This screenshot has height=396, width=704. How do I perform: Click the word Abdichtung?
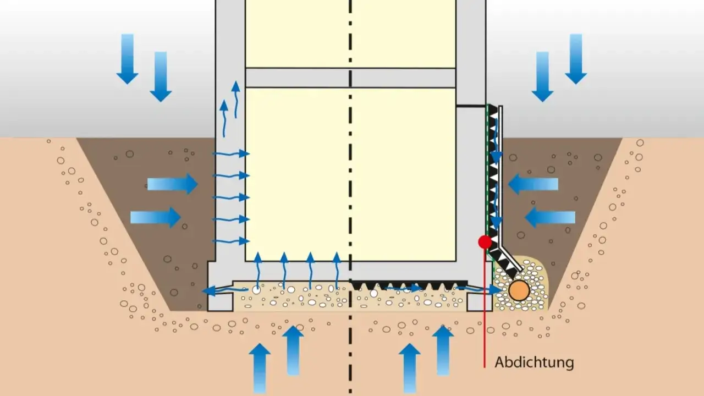[534, 362]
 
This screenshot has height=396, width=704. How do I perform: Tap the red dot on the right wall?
[485, 242]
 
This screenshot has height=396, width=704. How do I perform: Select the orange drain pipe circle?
[519, 290]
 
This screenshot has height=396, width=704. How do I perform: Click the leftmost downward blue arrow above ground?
[127, 59]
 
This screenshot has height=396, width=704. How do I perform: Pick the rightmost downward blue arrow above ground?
[576, 59]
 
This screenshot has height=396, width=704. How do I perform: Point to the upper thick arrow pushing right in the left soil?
[173, 184]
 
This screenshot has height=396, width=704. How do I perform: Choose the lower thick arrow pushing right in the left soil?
[156, 217]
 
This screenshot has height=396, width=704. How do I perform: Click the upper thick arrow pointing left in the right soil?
[533, 184]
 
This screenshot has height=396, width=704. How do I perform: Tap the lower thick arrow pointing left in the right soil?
[550, 217]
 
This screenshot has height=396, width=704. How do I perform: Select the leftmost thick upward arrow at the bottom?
[260, 369]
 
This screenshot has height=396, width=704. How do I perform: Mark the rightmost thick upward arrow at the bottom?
[443, 350]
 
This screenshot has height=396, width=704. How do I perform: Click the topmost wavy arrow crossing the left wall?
[232, 153]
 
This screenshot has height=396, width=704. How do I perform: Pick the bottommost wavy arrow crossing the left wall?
[232, 241]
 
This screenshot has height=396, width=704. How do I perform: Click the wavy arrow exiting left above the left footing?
[225, 290]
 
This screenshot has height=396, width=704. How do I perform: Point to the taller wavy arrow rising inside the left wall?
[236, 100]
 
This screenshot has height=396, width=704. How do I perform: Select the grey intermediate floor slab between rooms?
[350, 78]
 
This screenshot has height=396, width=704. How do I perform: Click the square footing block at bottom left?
[221, 302]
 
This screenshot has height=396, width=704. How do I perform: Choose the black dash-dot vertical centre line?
[350, 198]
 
